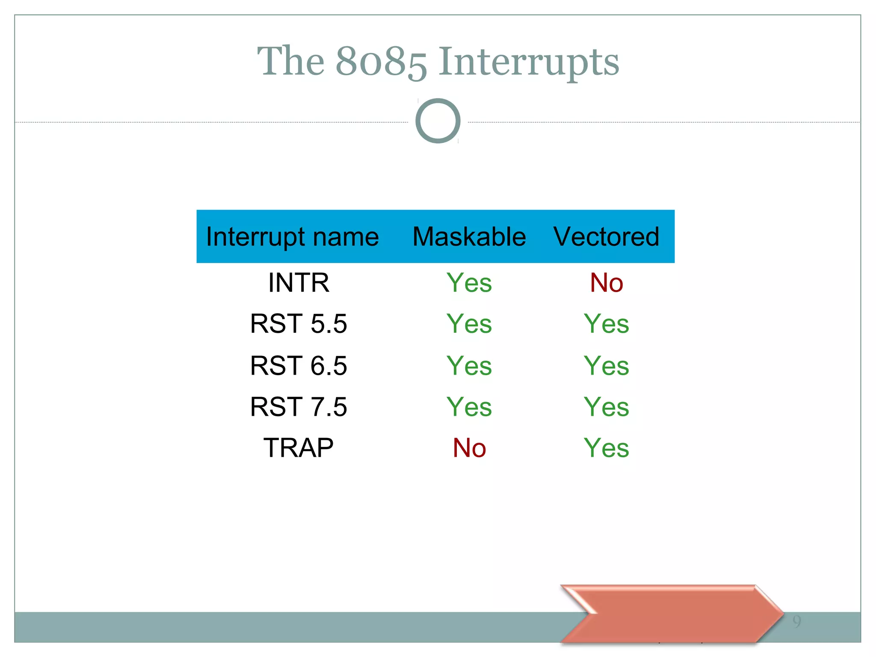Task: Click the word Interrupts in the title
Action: [x=529, y=62]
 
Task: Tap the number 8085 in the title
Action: [x=381, y=62]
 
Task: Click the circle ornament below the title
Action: [x=438, y=121]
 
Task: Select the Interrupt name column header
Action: [x=293, y=237]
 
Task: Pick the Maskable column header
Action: [x=469, y=237]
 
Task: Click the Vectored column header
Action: [x=606, y=237]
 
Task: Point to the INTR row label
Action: [x=299, y=283]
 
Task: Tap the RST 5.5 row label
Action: [x=299, y=323]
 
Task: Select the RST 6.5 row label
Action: [x=299, y=365]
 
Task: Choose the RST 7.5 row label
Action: [x=299, y=406]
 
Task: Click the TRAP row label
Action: [x=299, y=448]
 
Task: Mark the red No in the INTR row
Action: [x=606, y=283]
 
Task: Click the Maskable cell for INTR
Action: [x=469, y=283]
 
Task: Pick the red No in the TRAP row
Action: [x=469, y=448]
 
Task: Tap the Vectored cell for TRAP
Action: [x=606, y=448]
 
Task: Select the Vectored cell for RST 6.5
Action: [x=606, y=365]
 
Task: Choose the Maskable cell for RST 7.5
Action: [x=469, y=406]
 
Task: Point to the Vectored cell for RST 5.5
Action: [x=606, y=323]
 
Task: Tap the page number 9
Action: [x=796, y=621]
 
